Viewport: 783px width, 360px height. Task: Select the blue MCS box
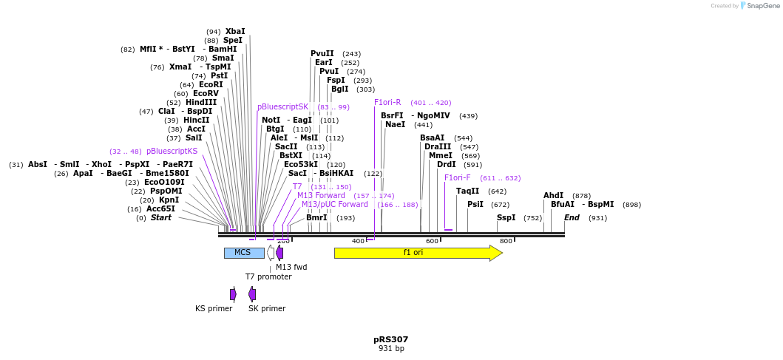tap(243, 253)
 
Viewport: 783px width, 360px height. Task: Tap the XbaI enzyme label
tap(235, 32)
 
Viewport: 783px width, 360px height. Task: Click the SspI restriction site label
tap(506, 218)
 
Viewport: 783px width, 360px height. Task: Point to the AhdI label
tap(553, 196)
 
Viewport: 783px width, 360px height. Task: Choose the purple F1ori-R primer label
tap(387, 103)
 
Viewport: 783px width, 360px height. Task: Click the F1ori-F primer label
tap(457, 178)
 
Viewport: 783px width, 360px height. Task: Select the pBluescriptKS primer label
tap(172, 152)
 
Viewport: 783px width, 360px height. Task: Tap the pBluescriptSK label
tap(282, 107)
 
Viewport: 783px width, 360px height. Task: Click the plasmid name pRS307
tap(390, 340)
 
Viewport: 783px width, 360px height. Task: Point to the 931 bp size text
tap(390, 349)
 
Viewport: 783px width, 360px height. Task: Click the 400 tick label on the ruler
tap(358, 242)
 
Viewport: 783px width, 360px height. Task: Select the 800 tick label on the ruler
tap(506, 242)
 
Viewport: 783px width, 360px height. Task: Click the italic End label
tap(572, 218)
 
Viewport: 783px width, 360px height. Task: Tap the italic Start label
tap(160, 218)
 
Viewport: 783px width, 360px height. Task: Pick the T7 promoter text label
tap(268, 277)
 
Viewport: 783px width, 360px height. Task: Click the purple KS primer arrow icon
tap(233, 294)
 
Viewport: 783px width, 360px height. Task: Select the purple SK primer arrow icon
tap(252, 294)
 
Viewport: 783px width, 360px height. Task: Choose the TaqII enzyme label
tap(467, 191)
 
